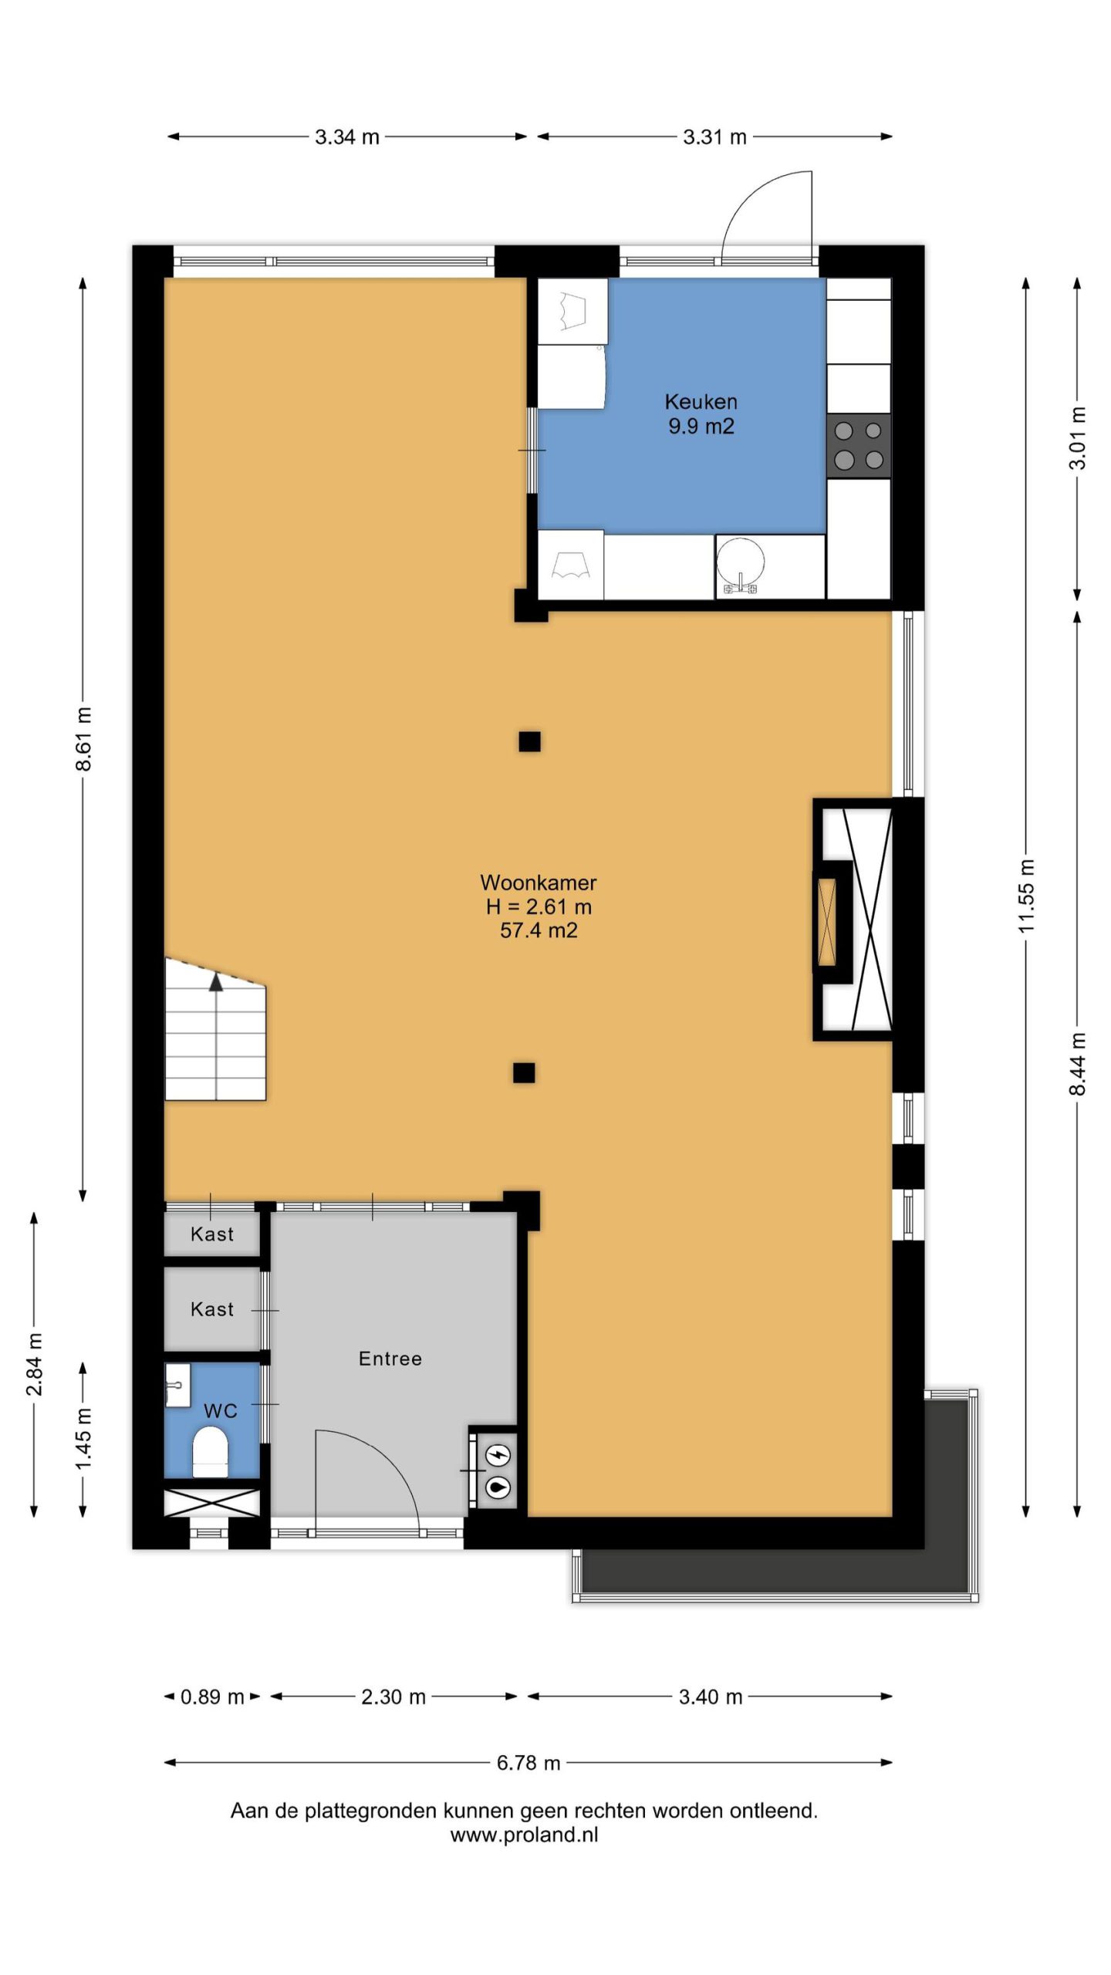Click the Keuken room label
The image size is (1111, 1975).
pos(701,401)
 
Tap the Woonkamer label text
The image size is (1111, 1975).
pos(539,882)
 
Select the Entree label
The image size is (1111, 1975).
pos(390,1358)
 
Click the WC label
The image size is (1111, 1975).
pos(220,1411)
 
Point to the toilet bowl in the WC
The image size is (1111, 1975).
pos(210,1452)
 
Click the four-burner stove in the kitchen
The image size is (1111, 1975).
pos(859,445)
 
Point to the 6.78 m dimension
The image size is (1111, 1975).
pos(528,1762)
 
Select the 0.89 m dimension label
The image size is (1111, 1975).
pos(212,1696)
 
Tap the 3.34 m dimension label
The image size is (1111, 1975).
pos(347,137)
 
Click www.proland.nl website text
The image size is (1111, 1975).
pos(525,1835)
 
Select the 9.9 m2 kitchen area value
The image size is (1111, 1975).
pos(701,426)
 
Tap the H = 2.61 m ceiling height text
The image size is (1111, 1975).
pos(539,906)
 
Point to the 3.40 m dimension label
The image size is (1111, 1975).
pos(711,1696)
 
